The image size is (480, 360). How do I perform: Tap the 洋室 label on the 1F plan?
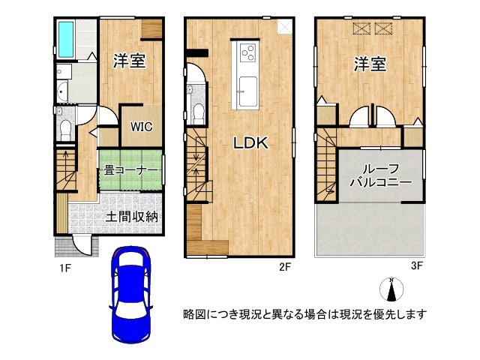click(129, 61)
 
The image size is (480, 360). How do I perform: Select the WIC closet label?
click(138, 127)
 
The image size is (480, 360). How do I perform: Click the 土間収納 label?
click(131, 217)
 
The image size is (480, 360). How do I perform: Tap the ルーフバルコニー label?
click(379, 175)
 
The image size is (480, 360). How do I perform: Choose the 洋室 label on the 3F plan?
click(370, 64)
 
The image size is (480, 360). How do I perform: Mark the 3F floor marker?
click(417, 265)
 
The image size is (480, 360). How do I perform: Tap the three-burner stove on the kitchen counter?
click(247, 52)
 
